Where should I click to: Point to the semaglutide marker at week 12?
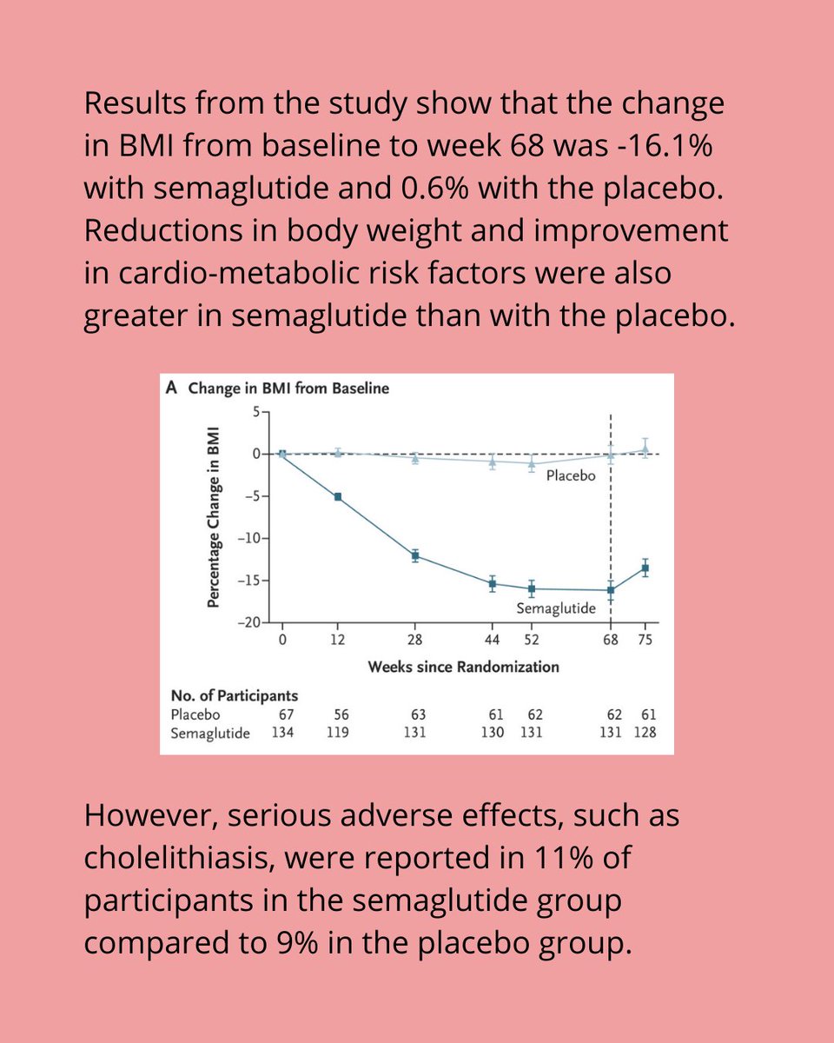(x=338, y=497)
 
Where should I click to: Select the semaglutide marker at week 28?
(x=415, y=555)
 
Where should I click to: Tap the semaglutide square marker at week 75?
(x=645, y=568)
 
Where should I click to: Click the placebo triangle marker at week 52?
(x=532, y=463)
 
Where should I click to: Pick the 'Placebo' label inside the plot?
(x=570, y=476)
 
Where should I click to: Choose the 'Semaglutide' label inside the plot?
(x=556, y=608)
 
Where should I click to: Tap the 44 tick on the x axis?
(x=493, y=641)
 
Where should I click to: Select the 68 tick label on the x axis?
(x=611, y=641)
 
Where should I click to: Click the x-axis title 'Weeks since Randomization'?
(x=463, y=667)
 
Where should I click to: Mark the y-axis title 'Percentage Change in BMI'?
(x=214, y=518)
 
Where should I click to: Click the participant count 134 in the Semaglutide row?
(x=282, y=733)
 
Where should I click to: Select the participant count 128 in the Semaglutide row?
(x=645, y=733)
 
